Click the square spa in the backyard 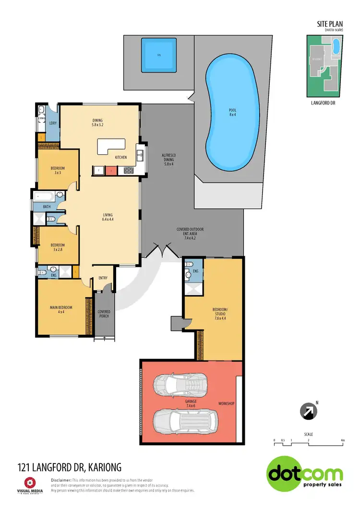[159, 55]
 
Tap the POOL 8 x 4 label [232, 113]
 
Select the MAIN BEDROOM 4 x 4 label [61, 309]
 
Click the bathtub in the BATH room [46, 196]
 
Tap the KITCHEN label [120, 157]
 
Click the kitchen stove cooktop [128, 169]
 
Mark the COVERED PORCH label [104, 314]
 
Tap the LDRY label [52, 123]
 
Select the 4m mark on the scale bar [342, 440]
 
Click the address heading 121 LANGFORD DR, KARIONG [69, 467]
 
